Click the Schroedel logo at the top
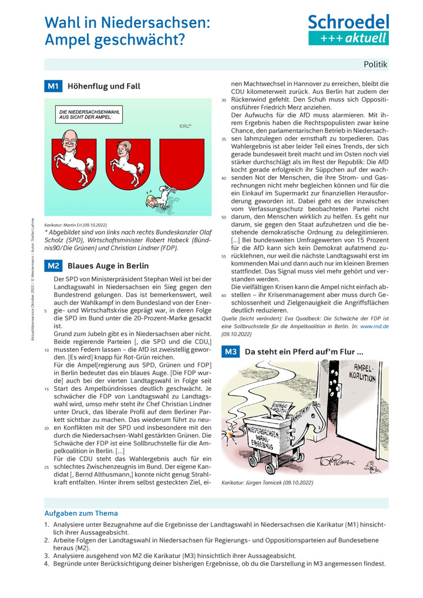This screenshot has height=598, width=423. click(x=348, y=30)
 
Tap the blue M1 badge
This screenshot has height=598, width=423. click(x=53, y=86)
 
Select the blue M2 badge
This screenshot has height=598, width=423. click(x=53, y=265)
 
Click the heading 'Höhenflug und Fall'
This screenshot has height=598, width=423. click(x=104, y=86)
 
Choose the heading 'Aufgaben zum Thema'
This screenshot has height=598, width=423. click(x=81, y=513)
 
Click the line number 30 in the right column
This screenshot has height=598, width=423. click(x=224, y=100)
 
